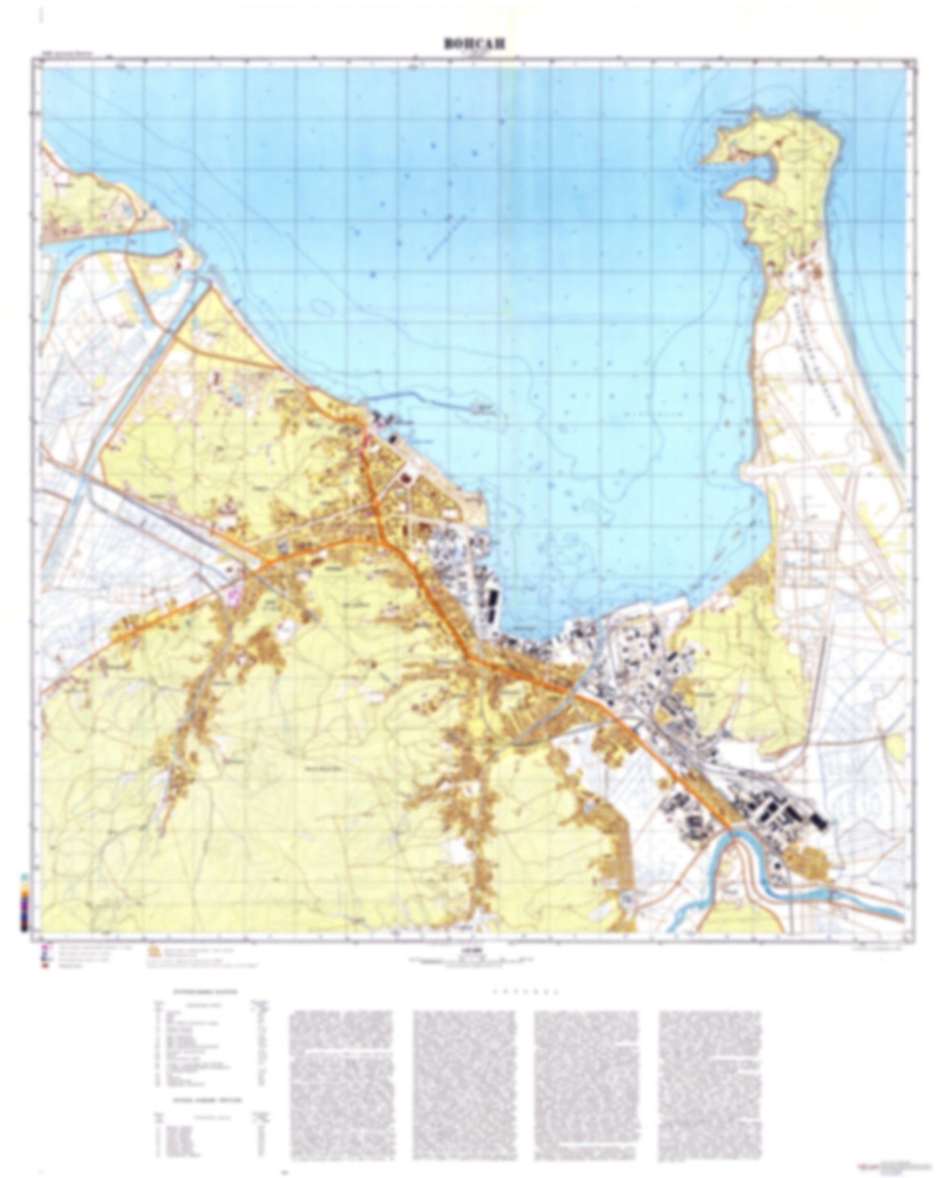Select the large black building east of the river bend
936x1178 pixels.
tap(819, 822)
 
